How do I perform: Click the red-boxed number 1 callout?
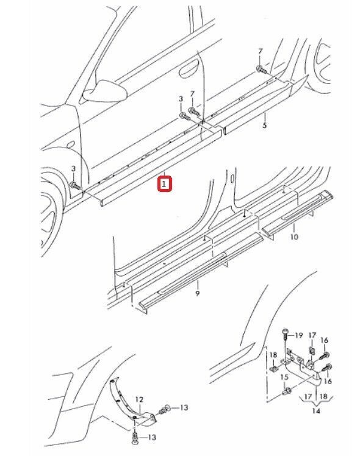pos(165,184)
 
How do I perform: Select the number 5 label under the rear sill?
pos(265,126)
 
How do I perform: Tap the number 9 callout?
pos(198,293)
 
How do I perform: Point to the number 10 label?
pos(295,237)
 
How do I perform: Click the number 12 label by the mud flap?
pos(139,399)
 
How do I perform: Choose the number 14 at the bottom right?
pos(316,411)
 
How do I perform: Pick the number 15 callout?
pos(284,377)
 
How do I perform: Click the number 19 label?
pos(298,335)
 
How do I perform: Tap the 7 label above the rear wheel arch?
pos(260,51)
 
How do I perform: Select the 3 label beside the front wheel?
pos(73,169)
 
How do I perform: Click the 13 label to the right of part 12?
pos(184,407)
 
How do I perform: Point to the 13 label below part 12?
pos(151,437)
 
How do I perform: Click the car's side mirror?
pos(105,90)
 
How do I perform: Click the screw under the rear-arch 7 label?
pos(261,69)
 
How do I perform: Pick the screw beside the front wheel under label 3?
pos(74,185)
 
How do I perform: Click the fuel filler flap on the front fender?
pos(70,144)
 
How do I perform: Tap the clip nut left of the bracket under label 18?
pos(273,369)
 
